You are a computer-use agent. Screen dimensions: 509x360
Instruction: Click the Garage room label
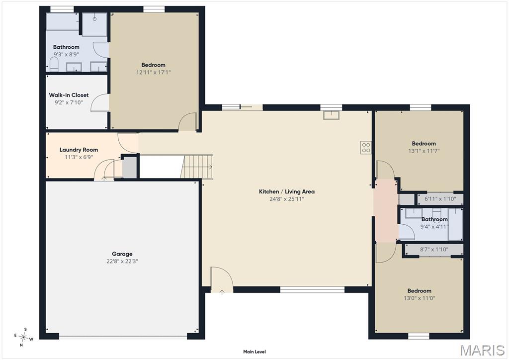tap(122, 254)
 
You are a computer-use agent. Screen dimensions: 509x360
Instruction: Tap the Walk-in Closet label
tap(69, 95)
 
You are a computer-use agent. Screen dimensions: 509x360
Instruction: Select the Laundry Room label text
tap(79, 150)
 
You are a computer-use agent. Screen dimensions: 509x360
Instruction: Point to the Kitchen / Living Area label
tap(287, 191)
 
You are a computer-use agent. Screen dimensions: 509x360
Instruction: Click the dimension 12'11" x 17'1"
tap(153, 73)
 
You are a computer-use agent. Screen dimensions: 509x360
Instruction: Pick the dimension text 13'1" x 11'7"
tap(424, 151)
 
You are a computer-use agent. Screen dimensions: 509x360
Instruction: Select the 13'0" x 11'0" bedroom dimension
tap(420, 298)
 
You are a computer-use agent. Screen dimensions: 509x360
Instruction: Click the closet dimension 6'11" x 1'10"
tap(440, 199)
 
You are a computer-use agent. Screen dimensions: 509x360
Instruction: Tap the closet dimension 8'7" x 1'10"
tap(434, 250)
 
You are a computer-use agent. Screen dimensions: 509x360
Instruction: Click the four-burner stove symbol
tap(366, 147)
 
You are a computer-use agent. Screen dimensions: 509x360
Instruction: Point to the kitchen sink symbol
tap(332, 115)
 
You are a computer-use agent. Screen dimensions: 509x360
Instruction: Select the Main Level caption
tap(254, 352)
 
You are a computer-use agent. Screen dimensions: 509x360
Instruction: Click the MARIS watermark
tap(483, 351)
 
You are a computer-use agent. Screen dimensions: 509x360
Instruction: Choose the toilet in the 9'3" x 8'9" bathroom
tap(54, 64)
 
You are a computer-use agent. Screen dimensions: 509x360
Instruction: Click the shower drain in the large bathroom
tap(95, 19)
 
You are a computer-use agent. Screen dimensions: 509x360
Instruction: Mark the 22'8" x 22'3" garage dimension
tap(122, 262)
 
